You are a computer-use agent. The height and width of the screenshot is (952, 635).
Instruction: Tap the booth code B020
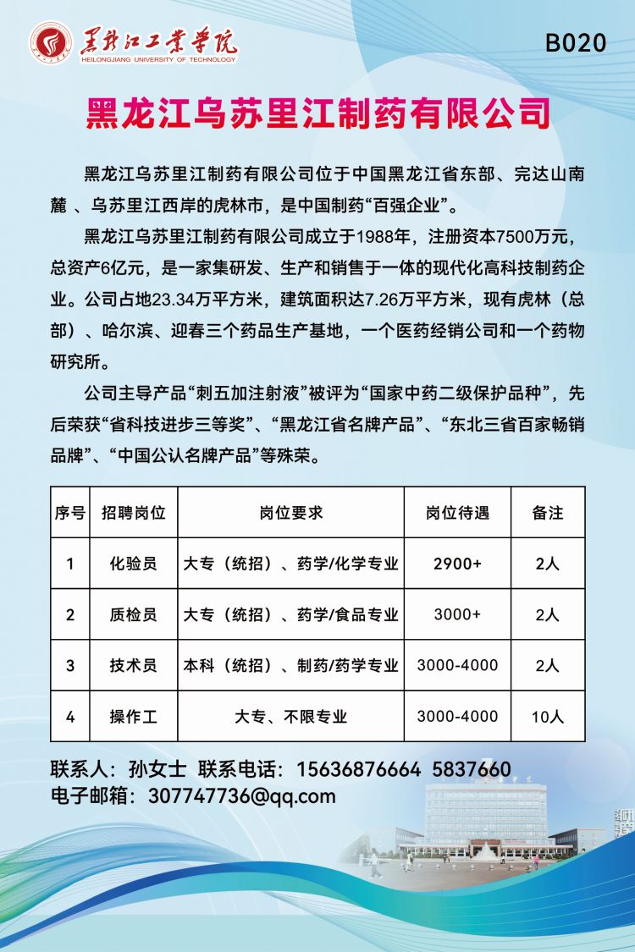(576, 43)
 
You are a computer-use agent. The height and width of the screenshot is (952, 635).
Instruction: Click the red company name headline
(317, 113)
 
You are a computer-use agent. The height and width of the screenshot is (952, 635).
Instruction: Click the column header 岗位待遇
(457, 513)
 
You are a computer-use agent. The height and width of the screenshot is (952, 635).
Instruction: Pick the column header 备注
(548, 513)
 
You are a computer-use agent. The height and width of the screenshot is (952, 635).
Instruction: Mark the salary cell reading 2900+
(457, 564)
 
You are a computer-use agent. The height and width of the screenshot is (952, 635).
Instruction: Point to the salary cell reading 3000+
(457, 614)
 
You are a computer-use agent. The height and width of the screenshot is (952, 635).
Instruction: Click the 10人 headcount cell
(548, 716)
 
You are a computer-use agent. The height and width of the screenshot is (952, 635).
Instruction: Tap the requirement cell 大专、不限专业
(290, 716)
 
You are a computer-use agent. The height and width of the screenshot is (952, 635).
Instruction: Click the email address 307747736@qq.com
(241, 795)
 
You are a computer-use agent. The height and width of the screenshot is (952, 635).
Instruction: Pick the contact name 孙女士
(157, 769)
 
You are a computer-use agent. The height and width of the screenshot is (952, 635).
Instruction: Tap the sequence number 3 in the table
(70, 665)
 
